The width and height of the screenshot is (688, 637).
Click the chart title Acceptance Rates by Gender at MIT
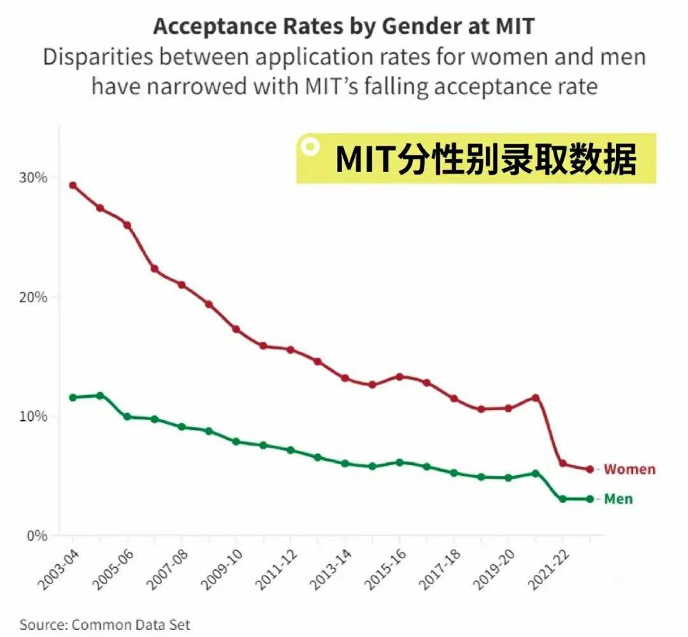point(344,27)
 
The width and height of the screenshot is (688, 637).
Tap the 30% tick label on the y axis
point(32,177)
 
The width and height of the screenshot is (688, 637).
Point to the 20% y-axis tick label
point(32,297)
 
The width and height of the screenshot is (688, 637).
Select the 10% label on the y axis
point(32,416)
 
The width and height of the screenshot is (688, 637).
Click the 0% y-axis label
point(36,536)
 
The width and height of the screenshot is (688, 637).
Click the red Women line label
point(629,469)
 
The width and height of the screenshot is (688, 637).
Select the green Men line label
point(618,499)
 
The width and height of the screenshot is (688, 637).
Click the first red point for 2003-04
point(73,186)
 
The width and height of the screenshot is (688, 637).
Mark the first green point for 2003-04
point(73,398)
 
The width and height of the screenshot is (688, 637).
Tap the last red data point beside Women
point(590,469)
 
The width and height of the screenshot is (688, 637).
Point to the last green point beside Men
point(590,499)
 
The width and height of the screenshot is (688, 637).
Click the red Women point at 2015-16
point(399,376)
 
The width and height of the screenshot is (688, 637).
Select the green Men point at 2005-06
point(127,416)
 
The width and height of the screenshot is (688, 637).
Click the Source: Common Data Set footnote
point(104,624)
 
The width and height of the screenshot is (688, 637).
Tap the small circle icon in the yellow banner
point(310,147)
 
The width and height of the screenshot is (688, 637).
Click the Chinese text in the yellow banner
point(485,159)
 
